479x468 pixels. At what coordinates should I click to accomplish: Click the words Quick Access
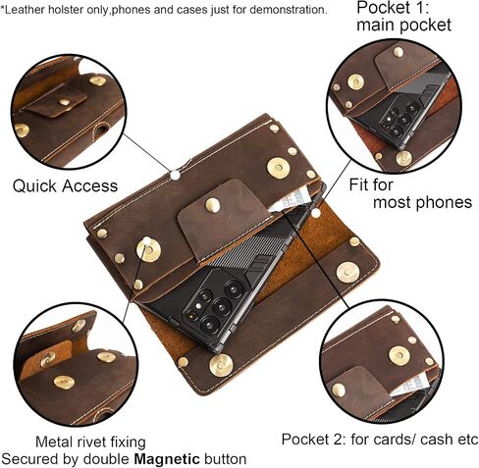pyautogui.click(x=65, y=186)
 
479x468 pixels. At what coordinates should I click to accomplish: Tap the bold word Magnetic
pyautogui.click(x=167, y=459)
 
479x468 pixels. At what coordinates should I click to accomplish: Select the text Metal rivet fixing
pyautogui.click(x=90, y=442)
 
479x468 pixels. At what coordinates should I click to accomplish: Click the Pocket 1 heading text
pyautogui.click(x=393, y=8)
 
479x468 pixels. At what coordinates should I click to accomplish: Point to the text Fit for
pyautogui.click(x=371, y=184)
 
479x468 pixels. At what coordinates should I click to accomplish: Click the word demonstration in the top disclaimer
pyautogui.click(x=288, y=10)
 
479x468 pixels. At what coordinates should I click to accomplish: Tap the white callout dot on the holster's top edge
pyautogui.click(x=176, y=176)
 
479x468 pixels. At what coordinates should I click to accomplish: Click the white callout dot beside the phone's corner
pyautogui.click(x=316, y=213)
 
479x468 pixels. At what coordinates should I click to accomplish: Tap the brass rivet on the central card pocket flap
pyautogui.click(x=212, y=205)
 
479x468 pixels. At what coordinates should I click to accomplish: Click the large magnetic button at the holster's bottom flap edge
pyautogui.click(x=221, y=365)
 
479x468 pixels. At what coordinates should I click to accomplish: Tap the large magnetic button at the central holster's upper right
pyautogui.click(x=278, y=168)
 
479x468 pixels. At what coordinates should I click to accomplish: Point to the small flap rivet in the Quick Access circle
pyautogui.click(x=65, y=102)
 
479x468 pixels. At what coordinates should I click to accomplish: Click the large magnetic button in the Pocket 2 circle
pyautogui.click(x=399, y=355)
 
